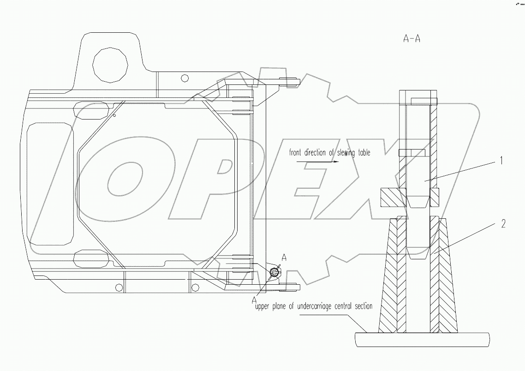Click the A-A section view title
click(412, 39)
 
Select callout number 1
click(500, 161)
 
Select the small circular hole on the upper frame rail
click(185, 78)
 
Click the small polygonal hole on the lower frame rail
click(119, 288)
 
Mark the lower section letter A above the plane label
click(254, 299)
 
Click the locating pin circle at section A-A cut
click(274, 273)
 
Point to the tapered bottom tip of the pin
click(418, 256)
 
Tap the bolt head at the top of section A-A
click(423, 100)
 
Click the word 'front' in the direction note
click(297, 153)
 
